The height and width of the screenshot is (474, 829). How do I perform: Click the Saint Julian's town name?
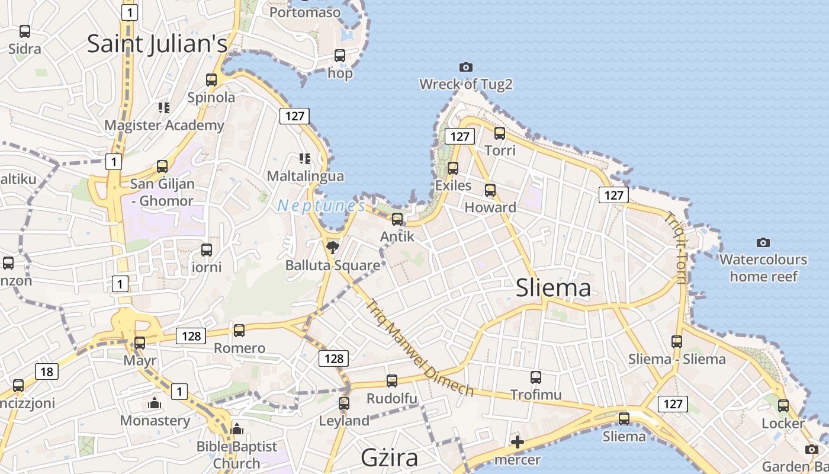pyautogui.click(x=157, y=44)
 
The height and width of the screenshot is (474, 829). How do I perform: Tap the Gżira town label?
pyautogui.click(x=390, y=457)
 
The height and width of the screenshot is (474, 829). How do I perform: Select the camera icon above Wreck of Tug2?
pyautogui.click(x=466, y=68)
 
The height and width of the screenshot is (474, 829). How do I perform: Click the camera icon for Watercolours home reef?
pyautogui.click(x=763, y=242)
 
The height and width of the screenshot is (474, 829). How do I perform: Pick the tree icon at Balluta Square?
pyautogui.click(x=332, y=247)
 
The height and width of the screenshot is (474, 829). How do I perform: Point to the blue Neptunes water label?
pyautogui.click(x=322, y=206)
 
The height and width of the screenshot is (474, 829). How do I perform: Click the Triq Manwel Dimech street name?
pyautogui.click(x=420, y=348)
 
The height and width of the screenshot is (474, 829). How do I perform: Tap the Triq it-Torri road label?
pyautogui.click(x=675, y=248)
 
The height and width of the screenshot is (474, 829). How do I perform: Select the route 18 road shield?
pyautogui.click(x=47, y=372)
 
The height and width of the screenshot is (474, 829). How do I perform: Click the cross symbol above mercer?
pyautogui.click(x=518, y=442)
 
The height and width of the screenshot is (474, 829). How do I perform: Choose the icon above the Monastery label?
pyautogui.click(x=155, y=403)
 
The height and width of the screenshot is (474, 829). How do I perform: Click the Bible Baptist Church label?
pyautogui.click(x=237, y=454)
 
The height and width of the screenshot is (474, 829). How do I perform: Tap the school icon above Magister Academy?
pyautogui.click(x=164, y=107)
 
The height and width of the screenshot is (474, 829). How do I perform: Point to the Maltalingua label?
pyautogui.click(x=305, y=176)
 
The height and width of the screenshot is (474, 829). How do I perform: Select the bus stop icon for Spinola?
pyautogui.click(x=211, y=80)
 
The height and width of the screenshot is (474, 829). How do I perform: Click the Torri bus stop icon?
pyautogui.click(x=500, y=133)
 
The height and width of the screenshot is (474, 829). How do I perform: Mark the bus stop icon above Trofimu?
pyautogui.click(x=536, y=377)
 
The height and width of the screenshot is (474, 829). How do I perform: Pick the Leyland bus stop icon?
pyautogui.click(x=344, y=403)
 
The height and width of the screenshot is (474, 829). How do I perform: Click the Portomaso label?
pyautogui.click(x=305, y=12)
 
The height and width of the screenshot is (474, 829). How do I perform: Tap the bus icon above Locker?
pyautogui.click(x=783, y=406)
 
